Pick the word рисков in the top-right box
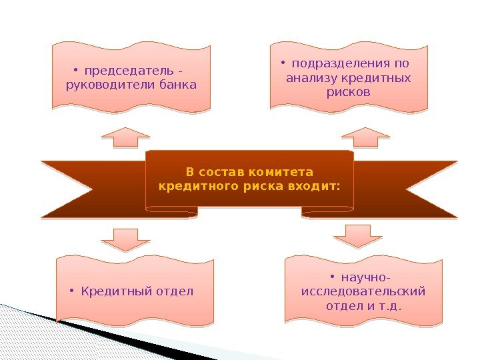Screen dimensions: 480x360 pyautogui.click(x=348, y=93)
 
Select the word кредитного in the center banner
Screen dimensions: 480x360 pyautogui.click(x=191, y=186)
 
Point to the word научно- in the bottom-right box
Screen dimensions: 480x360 pyautogui.click(x=365, y=277)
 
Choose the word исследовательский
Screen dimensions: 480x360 pyautogui.click(x=363, y=292)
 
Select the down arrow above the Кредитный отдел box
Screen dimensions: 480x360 pyautogui.click(x=126, y=239)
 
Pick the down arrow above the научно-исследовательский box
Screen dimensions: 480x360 pyautogui.click(x=358, y=235)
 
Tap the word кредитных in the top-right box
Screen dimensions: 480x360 pyautogui.click(x=377, y=79)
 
